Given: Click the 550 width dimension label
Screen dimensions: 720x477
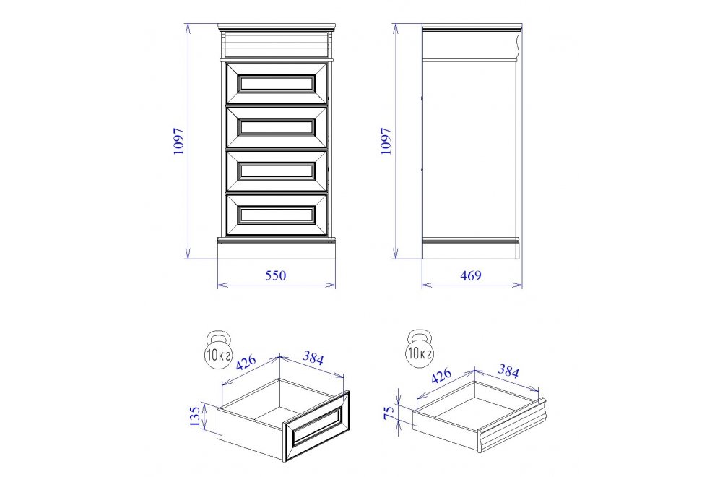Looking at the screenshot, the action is (x=276, y=275).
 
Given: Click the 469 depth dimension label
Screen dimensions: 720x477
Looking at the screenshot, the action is (x=471, y=275).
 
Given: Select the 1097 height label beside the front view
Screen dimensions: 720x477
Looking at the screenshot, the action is (x=178, y=141).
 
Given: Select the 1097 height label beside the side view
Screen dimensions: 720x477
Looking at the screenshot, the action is (x=386, y=141).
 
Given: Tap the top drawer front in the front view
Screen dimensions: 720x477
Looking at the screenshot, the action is (x=277, y=83).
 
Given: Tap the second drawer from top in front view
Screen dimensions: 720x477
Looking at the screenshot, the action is (x=277, y=126).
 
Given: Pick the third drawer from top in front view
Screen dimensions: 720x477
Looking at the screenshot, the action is (x=277, y=171).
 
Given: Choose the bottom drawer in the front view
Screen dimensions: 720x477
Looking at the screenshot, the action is (x=277, y=215).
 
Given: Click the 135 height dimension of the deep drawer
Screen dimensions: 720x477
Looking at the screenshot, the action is (x=195, y=416).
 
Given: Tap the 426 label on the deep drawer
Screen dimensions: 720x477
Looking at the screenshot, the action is (x=246, y=362).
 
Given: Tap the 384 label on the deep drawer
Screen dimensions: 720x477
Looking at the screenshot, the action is (x=313, y=358).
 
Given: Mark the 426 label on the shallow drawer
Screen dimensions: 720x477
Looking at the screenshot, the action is (x=441, y=375).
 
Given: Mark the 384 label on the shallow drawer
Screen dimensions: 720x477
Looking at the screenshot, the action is (x=508, y=371).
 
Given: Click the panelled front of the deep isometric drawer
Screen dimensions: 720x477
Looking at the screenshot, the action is (x=316, y=426).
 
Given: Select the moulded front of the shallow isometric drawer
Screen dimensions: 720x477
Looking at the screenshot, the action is (x=511, y=426).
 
